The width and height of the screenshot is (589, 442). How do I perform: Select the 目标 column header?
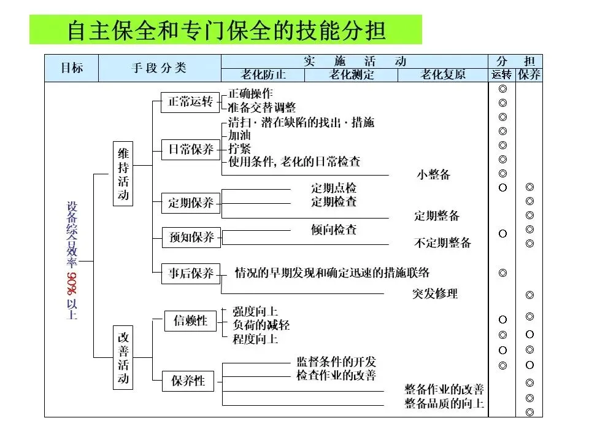(71, 68)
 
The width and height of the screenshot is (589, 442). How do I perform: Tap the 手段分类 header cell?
(160, 68)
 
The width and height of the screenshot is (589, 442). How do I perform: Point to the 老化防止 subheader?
(263, 75)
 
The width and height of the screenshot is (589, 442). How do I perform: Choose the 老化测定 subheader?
(352, 75)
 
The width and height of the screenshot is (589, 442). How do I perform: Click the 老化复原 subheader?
(442, 75)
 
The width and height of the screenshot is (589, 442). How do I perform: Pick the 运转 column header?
(502, 75)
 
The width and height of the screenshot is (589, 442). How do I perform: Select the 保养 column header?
(529, 75)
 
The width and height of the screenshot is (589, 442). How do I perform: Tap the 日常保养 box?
(191, 150)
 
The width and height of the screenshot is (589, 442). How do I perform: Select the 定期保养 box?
(191, 203)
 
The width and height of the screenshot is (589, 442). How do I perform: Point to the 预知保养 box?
(191, 238)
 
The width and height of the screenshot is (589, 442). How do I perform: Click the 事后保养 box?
(191, 273)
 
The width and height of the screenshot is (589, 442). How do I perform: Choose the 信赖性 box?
(191, 320)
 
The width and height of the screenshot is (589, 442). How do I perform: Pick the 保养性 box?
(188, 381)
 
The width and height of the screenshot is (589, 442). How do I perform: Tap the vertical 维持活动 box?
(124, 174)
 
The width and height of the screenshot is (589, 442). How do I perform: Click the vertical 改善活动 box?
(124, 359)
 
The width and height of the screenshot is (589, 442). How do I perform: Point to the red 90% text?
(71, 284)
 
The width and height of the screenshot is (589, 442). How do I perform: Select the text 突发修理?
(435, 293)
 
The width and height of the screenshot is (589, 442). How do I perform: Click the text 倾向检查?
(334, 230)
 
